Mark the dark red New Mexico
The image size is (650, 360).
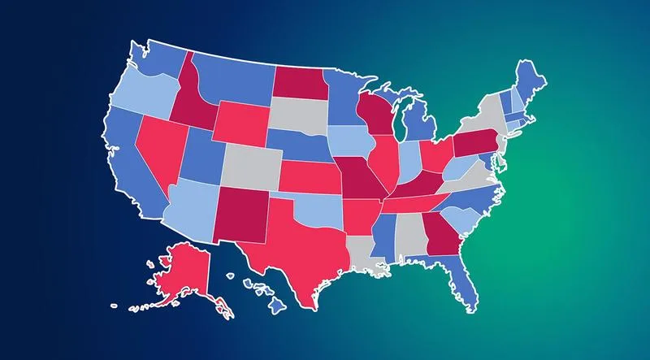(241, 213)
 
